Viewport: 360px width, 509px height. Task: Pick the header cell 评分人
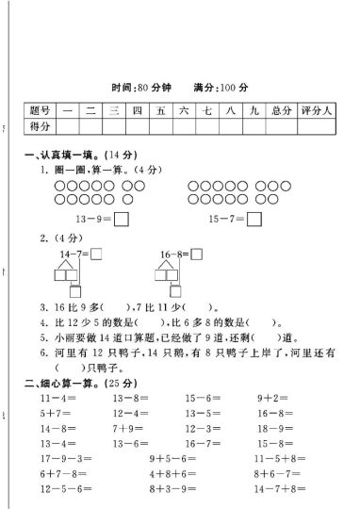[316, 110]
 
